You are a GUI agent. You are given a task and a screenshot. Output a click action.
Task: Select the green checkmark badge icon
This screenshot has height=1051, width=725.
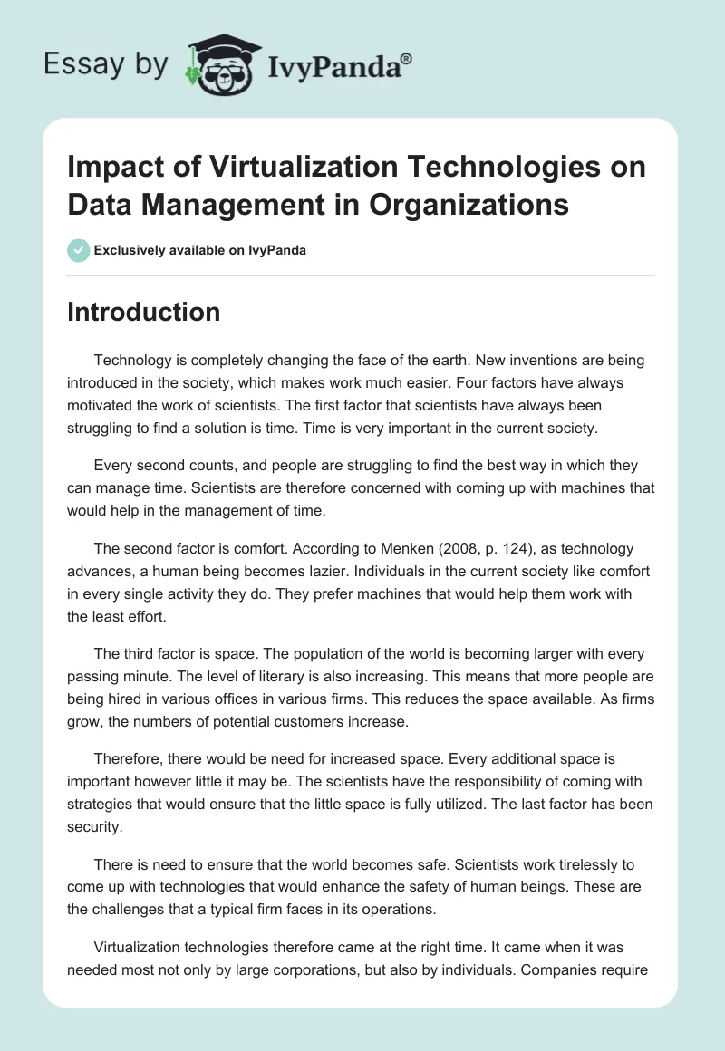click(78, 250)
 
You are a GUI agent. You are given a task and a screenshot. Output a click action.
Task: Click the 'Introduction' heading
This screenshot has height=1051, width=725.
click(144, 312)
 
